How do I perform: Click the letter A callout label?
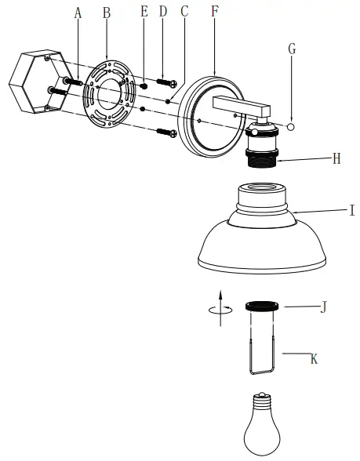78,13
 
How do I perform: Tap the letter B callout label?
107,13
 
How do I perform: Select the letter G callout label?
292,49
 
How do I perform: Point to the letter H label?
336,158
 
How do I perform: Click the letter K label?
314,359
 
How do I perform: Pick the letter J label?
323,307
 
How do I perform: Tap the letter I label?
352,210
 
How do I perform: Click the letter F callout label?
215,11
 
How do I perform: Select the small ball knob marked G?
291,127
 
